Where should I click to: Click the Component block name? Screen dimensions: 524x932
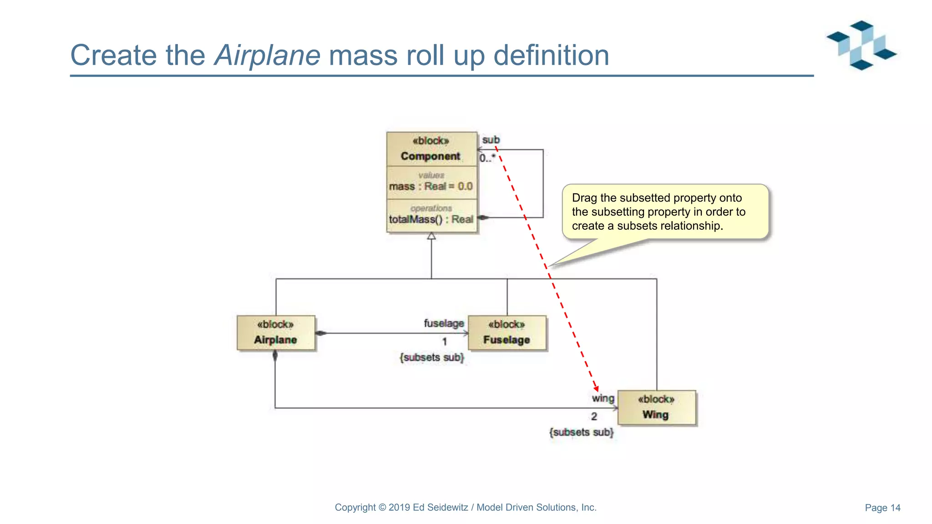pos(430,156)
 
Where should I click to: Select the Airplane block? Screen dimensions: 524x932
pos(276,333)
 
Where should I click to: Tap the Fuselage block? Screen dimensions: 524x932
pos(507,333)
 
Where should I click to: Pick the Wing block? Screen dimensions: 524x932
pos(656,408)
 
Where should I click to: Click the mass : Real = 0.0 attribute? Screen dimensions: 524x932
pos(431,186)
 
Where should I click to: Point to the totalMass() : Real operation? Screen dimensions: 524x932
pos(431,219)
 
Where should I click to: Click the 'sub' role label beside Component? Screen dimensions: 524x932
pos(491,140)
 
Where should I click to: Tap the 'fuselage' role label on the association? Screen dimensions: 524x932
pos(444,323)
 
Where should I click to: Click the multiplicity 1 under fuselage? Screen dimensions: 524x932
pos(445,341)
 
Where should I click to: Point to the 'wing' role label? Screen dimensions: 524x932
pos(603,398)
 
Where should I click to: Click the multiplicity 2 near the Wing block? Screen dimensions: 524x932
pos(594,416)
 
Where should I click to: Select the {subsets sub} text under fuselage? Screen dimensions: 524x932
pos(431,358)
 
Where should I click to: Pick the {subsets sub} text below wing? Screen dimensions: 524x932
pos(581,432)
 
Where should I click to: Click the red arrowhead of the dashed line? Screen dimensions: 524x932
pos(596,388)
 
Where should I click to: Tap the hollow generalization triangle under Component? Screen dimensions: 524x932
pos(431,236)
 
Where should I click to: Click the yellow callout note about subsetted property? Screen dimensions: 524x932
pos(664,212)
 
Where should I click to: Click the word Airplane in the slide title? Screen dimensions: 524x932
pos(267,55)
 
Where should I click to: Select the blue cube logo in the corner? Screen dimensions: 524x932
pos(861,45)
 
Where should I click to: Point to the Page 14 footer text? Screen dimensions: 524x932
pos(882,508)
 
